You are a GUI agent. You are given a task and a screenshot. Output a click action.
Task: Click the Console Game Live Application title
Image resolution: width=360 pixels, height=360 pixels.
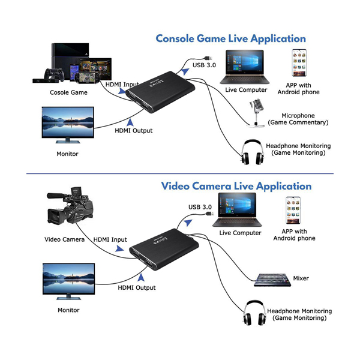coord(230,39)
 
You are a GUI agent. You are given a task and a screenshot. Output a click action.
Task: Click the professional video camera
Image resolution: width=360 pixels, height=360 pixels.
coord(70,209)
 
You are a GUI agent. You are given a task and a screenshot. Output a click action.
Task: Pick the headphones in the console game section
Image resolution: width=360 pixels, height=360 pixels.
coord(253,151)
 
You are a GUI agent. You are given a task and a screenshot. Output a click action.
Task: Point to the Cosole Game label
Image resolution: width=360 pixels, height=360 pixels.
coord(68,92)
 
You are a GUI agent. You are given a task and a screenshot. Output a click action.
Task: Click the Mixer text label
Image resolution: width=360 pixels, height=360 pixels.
coord(301,278)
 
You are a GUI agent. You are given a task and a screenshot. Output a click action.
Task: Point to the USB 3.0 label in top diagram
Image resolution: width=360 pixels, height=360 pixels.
coord(205,65)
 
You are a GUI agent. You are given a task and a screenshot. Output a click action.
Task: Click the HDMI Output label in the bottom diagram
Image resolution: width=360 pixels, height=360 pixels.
coord(136,288)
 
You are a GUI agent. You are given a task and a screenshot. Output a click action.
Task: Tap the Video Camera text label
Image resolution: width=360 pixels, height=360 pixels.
coord(65,239)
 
